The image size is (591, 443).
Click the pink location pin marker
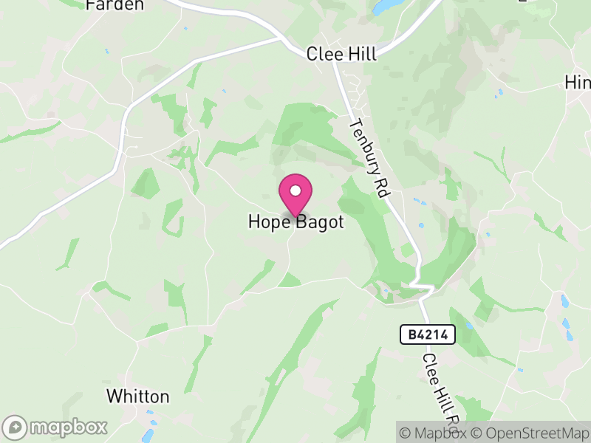coord(295,196)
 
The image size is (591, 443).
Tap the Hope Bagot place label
coord(295,221)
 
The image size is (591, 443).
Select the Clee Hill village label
coord(341,54)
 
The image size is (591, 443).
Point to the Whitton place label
coord(137,396)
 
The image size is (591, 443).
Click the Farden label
coord(115,5)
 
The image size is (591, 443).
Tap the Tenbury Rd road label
coord(369,157)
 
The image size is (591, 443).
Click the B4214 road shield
coord(428,334)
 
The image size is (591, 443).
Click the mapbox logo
coord(56,427)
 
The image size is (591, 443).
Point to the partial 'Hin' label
coord(577,82)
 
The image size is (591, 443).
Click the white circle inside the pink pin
coord(295,190)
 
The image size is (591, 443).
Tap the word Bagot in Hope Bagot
coord(320,221)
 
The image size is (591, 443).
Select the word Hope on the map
coord(270,221)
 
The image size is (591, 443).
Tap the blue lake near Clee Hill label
coord(386,7)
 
